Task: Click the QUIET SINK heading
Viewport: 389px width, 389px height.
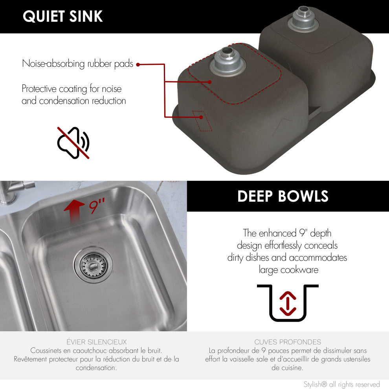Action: pyautogui.click(x=63, y=16)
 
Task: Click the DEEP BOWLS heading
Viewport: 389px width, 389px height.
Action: pyautogui.click(x=283, y=196)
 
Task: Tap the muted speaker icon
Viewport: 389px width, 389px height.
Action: pyautogui.click(x=73, y=143)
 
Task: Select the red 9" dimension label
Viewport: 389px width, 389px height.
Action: pyautogui.click(x=97, y=206)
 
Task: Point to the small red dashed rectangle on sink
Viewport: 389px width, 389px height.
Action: pyautogui.click(x=202, y=121)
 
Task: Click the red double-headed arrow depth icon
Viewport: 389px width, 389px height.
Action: pyautogui.click(x=288, y=303)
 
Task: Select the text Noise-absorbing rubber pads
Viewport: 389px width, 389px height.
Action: pyautogui.click(x=77, y=64)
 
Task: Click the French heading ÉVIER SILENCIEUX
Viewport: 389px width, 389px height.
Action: pyautogui.click(x=97, y=342)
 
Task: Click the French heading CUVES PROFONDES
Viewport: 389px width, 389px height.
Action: pyautogui.click(x=287, y=342)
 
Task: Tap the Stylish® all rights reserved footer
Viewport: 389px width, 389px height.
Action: pyautogui.click(x=341, y=384)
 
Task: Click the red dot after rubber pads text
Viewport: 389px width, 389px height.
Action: pyautogui.click(x=138, y=64)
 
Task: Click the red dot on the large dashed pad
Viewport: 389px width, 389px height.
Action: pyautogui.click(x=209, y=82)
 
